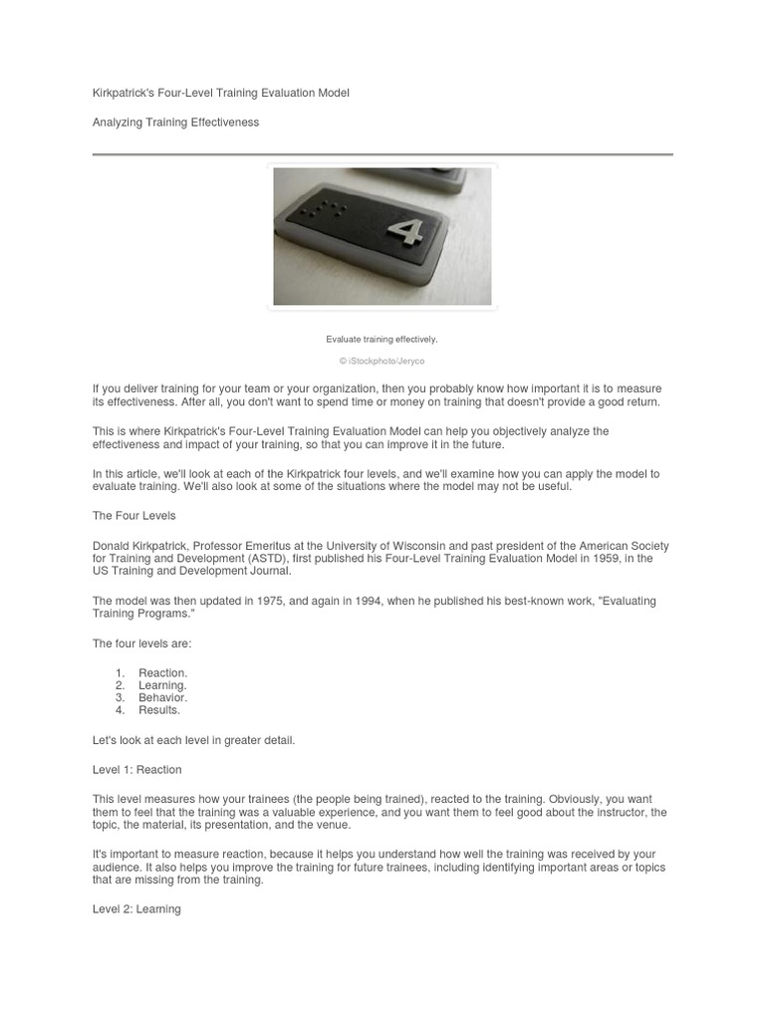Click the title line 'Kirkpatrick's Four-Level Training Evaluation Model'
(220, 93)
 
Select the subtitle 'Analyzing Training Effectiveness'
(175, 123)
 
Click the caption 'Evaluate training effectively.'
(382, 340)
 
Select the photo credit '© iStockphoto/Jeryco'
(382, 361)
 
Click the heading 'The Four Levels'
(133, 516)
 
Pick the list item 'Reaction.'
(162, 673)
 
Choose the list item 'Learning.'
(162, 685)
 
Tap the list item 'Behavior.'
(162, 697)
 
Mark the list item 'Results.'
(159, 710)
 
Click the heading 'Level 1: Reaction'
(137, 770)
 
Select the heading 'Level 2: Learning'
(136, 909)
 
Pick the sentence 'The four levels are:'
(141, 643)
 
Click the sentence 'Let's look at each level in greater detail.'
(193, 740)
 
